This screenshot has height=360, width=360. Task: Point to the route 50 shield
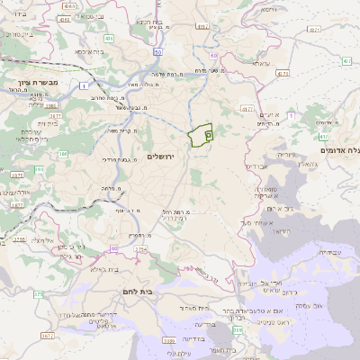(212, 55)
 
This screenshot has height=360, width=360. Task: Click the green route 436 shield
(108, 39)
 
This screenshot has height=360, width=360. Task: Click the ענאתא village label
(261, 63)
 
